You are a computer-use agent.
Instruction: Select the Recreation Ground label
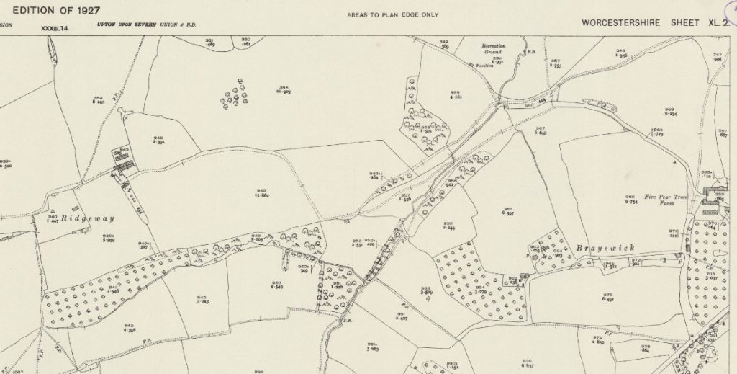pos(494,49)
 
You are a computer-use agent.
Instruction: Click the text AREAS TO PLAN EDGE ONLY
pos(392,14)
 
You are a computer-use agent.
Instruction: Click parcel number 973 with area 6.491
pos(607,298)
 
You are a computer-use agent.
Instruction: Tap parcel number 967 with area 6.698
pos(540,131)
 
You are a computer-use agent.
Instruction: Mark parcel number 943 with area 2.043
pos(202,300)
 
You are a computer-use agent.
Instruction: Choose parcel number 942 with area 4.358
pos(130,328)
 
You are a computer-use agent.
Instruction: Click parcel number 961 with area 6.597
pos(507,211)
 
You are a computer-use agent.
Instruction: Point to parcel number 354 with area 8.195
pos(99,101)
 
